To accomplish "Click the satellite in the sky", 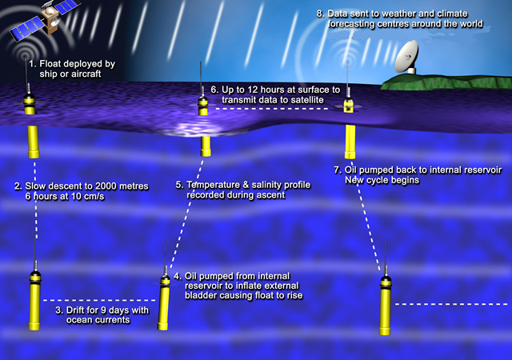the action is click(46, 20).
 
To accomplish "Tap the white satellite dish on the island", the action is click(407, 57).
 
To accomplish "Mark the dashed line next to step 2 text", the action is click(35, 198).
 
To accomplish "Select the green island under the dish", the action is click(446, 82).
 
